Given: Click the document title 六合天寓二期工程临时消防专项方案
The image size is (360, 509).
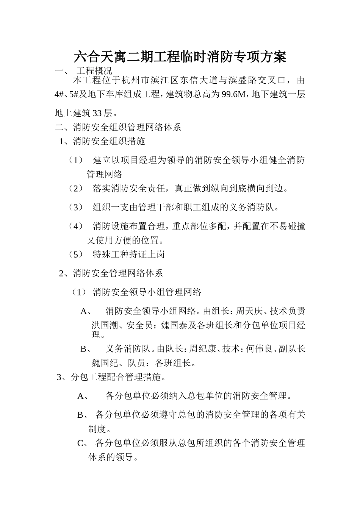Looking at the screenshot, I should [180, 57].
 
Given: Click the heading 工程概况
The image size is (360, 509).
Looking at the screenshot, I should [94, 71].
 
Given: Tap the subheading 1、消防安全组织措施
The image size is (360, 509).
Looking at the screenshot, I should [102, 142].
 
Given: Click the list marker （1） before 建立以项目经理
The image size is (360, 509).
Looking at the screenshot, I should [75, 160].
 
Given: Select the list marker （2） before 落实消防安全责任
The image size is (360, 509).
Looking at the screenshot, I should [75, 188].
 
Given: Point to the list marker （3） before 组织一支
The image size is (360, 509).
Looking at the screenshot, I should [75, 207].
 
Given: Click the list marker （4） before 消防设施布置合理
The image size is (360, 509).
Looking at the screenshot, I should [75, 226].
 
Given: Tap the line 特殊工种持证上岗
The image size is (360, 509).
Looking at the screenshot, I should [129, 254].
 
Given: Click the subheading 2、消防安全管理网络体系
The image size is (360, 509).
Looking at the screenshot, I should [111, 273].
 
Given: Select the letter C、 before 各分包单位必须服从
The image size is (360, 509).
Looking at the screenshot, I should [83, 443].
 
